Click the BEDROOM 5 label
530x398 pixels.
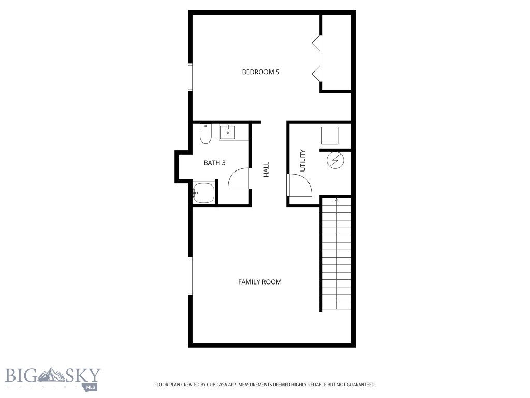pos(260,72)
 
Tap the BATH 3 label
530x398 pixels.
pos(214,163)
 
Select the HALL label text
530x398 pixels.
pos(267,169)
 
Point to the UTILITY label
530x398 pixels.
pos(303,161)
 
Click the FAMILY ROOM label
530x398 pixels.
pos(259,282)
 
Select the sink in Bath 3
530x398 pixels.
pos(228,133)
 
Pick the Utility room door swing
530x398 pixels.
pos(300,185)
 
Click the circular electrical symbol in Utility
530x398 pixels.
pos(334,161)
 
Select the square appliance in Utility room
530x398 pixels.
pos(330,136)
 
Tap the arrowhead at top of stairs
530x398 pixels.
pos(337,200)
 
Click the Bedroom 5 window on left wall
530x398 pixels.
pos(190,77)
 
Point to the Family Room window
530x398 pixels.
pos(190,276)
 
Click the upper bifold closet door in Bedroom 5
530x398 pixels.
pos(316,43)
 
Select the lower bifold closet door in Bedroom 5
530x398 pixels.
pos(316,74)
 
